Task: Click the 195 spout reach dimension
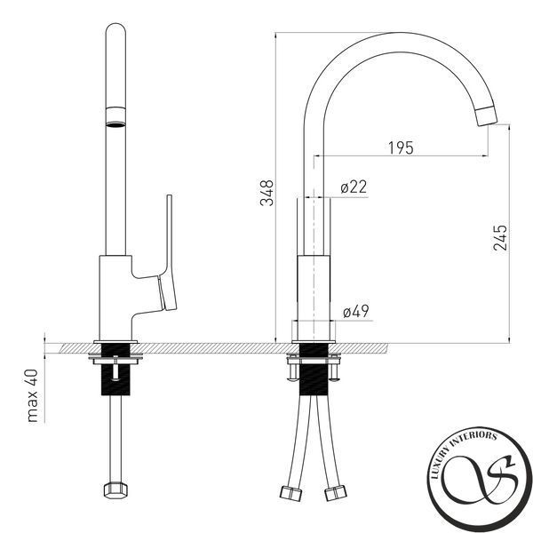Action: click(401, 147)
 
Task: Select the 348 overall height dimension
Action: click(266, 193)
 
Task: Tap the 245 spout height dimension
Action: click(500, 238)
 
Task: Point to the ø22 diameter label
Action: click(354, 187)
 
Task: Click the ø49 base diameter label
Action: click(356, 311)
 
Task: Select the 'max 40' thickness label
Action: click(33, 395)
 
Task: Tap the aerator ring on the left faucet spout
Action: click(115, 117)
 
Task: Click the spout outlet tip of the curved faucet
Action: click(486, 115)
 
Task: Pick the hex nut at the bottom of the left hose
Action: click(115, 490)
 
